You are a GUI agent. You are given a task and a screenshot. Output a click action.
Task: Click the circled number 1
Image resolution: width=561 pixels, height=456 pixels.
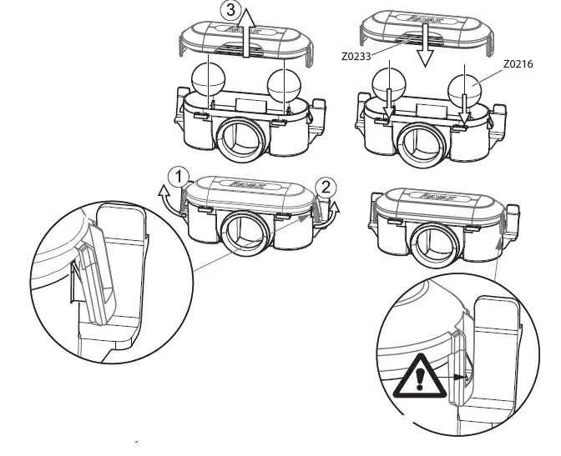coord(175,176)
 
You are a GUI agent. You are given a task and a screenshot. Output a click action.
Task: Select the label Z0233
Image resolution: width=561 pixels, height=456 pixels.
coord(357,58)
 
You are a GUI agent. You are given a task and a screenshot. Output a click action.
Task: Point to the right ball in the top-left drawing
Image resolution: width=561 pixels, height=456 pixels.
coord(284,87)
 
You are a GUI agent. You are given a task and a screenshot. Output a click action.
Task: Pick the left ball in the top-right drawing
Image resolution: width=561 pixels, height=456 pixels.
coord(388,85)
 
